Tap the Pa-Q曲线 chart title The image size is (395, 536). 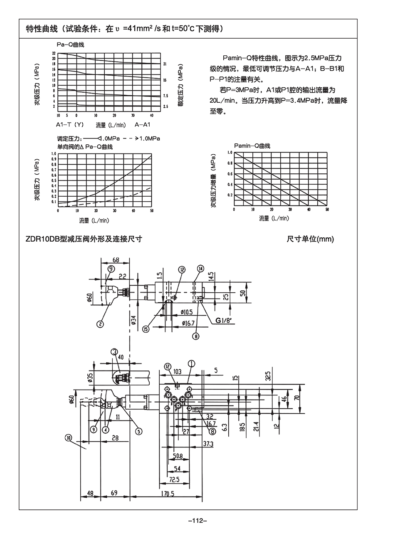point(70,44)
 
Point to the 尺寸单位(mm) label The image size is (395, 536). point(310,239)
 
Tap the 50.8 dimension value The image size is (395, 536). point(177,456)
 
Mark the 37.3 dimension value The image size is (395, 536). point(208,444)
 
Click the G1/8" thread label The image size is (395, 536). point(225,320)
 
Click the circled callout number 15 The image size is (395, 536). point(146,329)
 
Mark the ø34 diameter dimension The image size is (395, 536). point(133,320)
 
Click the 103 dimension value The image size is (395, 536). point(177,371)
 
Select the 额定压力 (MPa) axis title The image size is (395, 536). point(180,85)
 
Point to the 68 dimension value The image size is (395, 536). point(116,260)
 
